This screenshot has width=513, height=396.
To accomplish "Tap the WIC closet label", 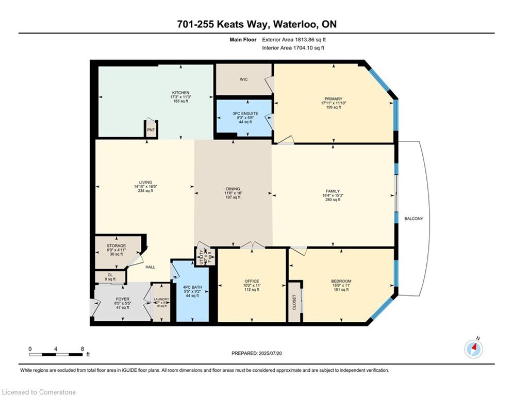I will tap(244, 79).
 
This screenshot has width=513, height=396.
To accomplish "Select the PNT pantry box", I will tap(151, 130).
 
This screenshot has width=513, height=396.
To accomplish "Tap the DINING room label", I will tap(233, 189).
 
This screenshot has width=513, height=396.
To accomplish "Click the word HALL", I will tap(150, 267).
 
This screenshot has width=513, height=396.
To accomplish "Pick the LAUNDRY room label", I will tap(161, 299).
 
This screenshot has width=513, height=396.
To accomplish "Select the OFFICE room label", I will tap(252, 281).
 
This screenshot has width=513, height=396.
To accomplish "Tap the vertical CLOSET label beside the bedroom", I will tap(294, 302).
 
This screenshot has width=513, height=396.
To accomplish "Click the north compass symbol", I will tap(473, 349).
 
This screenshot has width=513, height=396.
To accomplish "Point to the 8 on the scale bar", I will tap(82, 349).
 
